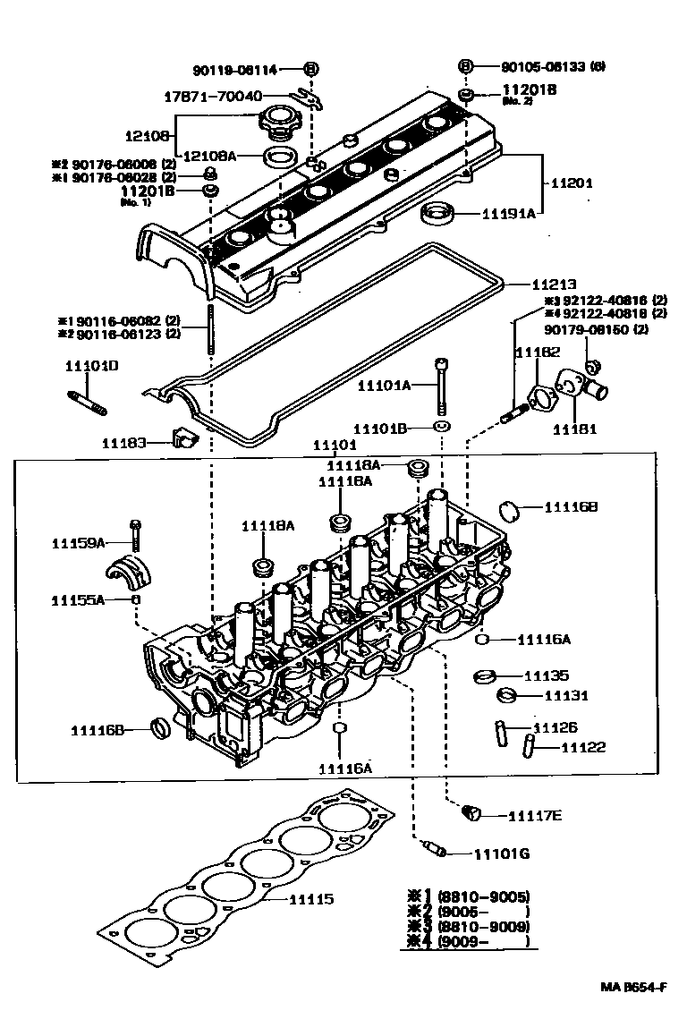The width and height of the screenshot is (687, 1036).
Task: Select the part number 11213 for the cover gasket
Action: tap(556, 284)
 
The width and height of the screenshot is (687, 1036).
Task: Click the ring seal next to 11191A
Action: tap(438, 214)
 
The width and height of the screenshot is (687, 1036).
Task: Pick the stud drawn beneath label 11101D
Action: tap(88, 403)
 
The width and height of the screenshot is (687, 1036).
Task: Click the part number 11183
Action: tap(122, 442)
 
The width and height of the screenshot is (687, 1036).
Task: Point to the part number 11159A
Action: tap(78, 543)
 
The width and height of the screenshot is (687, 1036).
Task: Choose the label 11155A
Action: tap(78, 599)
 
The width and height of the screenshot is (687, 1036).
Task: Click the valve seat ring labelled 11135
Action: tap(485, 675)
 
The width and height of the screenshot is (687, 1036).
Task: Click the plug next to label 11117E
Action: tap(471, 813)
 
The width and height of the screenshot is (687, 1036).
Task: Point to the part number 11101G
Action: tap(501, 853)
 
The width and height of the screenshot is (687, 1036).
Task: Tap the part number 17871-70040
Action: tap(213, 96)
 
